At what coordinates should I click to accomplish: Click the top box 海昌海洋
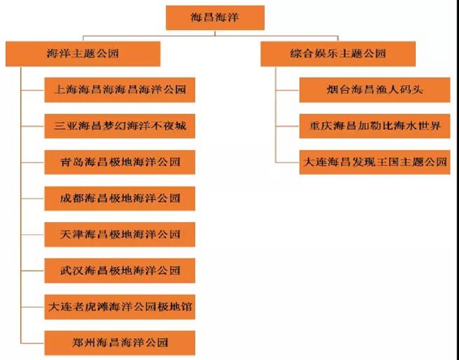click(x=215, y=18)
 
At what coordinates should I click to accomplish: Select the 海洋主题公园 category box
click(x=83, y=54)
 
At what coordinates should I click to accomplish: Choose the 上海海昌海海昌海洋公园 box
click(x=120, y=90)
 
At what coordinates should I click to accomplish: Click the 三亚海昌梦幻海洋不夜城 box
click(x=120, y=126)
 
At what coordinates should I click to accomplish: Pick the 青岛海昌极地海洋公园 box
click(x=120, y=162)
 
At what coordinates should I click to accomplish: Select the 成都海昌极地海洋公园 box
click(x=120, y=198)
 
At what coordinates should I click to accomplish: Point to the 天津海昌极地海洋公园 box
click(x=120, y=234)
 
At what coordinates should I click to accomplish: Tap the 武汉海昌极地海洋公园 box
click(x=120, y=271)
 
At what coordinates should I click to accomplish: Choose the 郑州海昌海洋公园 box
click(x=120, y=343)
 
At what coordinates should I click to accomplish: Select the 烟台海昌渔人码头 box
click(x=375, y=90)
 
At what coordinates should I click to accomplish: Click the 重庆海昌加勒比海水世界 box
click(x=375, y=126)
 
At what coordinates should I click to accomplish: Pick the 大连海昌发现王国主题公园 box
click(x=375, y=162)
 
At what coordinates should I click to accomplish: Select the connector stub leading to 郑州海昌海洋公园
click(x=33, y=343)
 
